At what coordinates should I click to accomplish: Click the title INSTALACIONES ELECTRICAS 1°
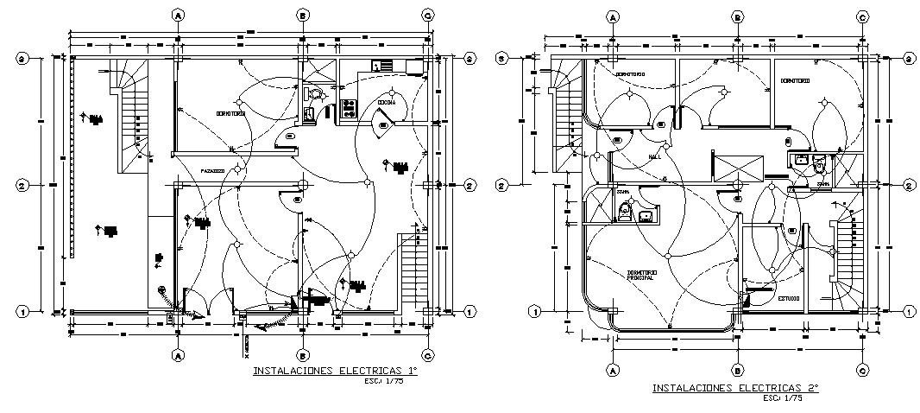pyautogui.click(x=334, y=372)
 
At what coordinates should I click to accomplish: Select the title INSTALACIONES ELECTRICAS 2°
pyautogui.click(x=734, y=390)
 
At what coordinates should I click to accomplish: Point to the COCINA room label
pyautogui.click(x=386, y=103)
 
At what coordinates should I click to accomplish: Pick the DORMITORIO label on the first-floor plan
pyautogui.click(x=230, y=114)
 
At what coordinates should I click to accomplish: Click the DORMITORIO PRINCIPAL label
pyautogui.click(x=640, y=276)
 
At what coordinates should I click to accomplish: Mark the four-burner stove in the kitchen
pyautogui.click(x=350, y=108)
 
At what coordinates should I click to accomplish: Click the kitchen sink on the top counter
pyautogui.click(x=381, y=65)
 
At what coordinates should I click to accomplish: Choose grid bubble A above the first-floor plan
pyautogui.click(x=179, y=15)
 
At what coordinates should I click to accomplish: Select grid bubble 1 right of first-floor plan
pyautogui.click(x=470, y=311)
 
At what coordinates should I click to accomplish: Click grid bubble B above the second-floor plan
pyautogui.click(x=738, y=16)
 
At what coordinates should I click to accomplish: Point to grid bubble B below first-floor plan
pyautogui.click(x=303, y=354)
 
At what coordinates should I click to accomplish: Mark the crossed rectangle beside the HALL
pyautogui.click(x=736, y=166)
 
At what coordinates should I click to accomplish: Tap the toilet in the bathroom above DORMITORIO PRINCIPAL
pyautogui.click(x=626, y=211)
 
